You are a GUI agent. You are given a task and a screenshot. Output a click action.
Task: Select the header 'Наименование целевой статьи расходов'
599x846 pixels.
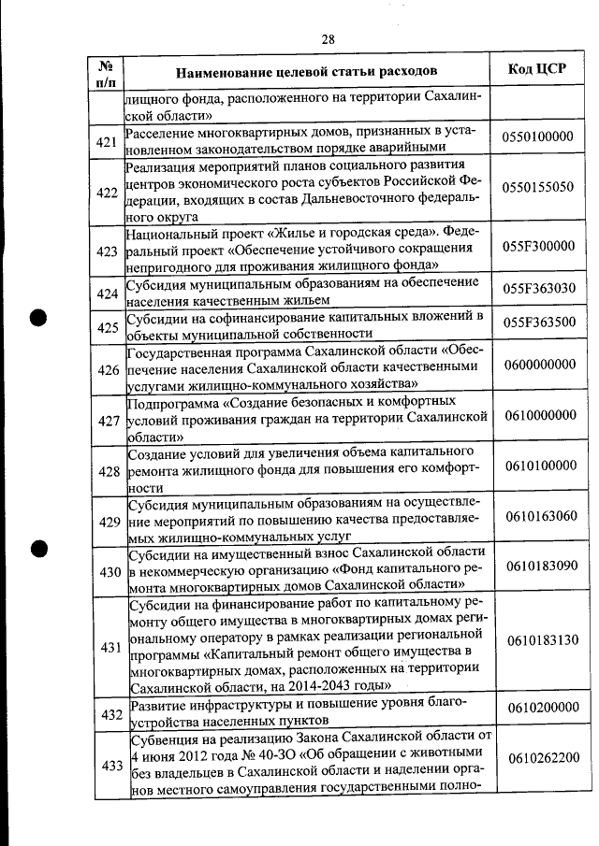point(306,71)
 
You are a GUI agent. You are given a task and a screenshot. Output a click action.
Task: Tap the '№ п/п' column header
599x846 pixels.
point(106,72)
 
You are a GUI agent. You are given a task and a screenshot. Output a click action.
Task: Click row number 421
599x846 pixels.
point(108,142)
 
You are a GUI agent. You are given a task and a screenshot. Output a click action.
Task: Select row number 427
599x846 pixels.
point(108,421)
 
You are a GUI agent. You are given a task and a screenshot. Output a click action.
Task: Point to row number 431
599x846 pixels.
point(108,647)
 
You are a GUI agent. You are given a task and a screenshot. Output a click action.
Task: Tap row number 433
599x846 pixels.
point(108,766)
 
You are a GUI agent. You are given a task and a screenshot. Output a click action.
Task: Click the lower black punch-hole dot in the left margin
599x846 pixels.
point(38,549)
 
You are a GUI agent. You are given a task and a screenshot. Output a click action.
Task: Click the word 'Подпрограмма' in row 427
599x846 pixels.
point(173,403)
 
